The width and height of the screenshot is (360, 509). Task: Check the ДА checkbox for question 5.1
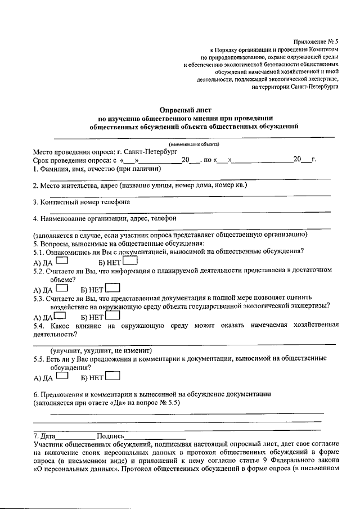(62, 261)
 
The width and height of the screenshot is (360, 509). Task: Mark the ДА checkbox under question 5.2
(62, 289)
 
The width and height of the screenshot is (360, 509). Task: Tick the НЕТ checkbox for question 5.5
(113, 376)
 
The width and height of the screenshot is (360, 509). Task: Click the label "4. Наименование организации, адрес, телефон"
(105, 218)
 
